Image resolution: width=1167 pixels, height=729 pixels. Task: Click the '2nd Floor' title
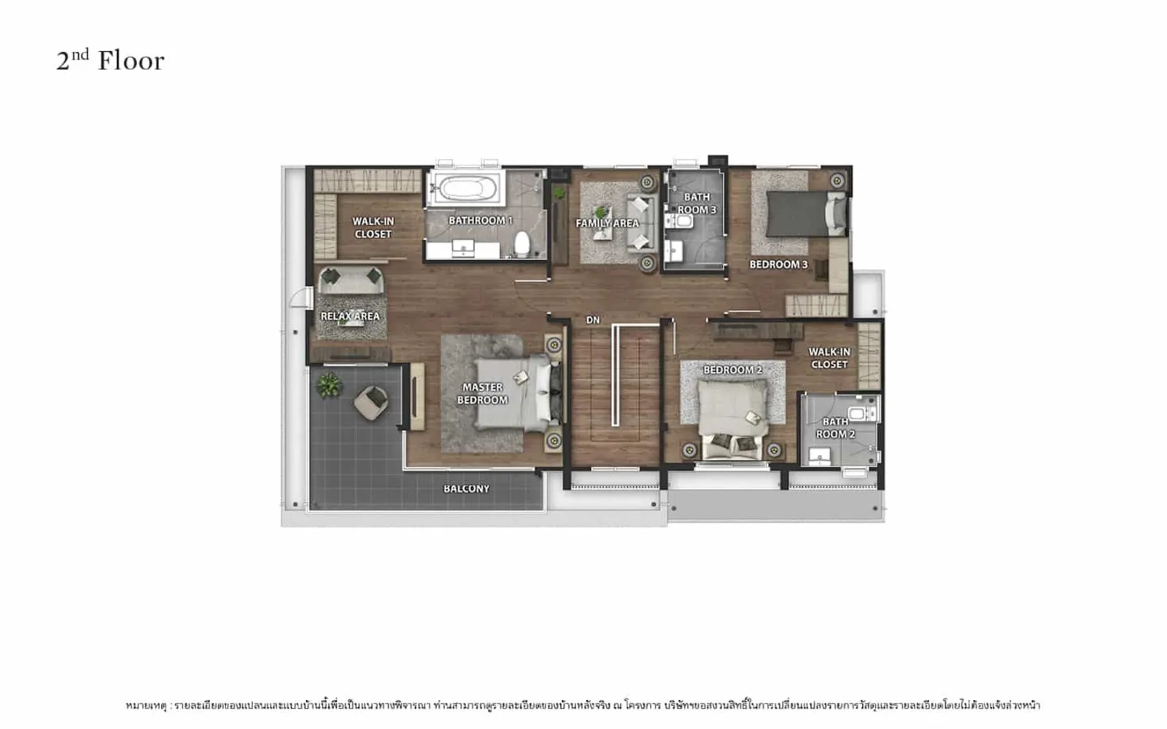pyautogui.click(x=110, y=61)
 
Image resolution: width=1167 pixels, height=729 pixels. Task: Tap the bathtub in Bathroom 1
pyautogui.click(x=465, y=188)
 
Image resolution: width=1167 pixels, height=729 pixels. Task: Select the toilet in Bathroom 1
pyautogui.click(x=522, y=243)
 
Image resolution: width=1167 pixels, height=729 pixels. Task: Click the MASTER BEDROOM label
pyautogui.click(x=482, y=394)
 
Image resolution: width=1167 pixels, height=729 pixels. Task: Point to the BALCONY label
pyautogui.click(x=466, y=489)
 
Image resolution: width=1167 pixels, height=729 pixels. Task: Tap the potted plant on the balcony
pyautogui.click(x=329, y=386)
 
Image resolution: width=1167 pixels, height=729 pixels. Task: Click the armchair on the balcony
pyautogui.click(x=371, y=402)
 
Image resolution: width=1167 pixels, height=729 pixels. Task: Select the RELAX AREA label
pyautogui.click(x=350, y=316)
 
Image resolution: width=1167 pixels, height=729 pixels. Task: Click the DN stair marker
pyautogui.click(x=593, y=320)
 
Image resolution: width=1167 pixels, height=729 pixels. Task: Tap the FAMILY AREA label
pyautogui.click(x=608, y=223)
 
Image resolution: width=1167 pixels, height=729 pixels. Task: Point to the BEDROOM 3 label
pyautogui.click(x=778, y=265)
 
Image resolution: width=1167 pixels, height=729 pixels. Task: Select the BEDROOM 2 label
pyautogui.click(x=732, y=370)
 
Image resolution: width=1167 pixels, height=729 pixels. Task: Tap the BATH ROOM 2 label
pyautogui.click(x=835, y=428)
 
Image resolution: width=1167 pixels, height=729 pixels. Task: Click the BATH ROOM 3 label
pyautogui.click(x=697, y=203)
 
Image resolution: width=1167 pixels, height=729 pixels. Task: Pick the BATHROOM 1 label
pyautogui.click(x=481, y=221)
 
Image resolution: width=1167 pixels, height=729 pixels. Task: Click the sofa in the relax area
pyautogui.click(x=351, y=280)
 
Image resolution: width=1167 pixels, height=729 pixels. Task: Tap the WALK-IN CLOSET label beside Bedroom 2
pyautogui.click(x=829, y=358)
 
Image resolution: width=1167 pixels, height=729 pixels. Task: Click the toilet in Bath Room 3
pyautogui.click(x=679, y=222)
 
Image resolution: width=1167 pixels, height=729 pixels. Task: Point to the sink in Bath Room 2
pyautogui.click(x=820, y=456)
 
